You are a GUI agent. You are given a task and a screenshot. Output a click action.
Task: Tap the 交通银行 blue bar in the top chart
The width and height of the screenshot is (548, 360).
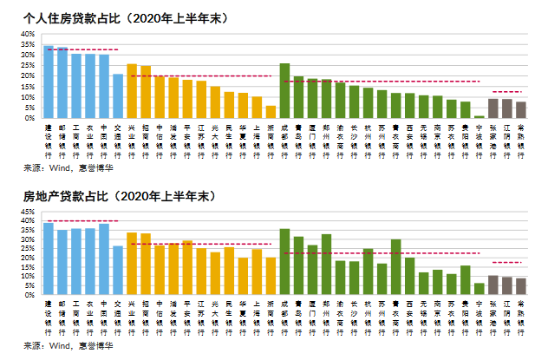(118, 96)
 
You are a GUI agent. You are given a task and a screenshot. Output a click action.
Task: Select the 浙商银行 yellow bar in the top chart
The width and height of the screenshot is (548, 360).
(271, 112)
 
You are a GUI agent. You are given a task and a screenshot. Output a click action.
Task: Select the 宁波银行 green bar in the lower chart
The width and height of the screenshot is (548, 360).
(479, 289)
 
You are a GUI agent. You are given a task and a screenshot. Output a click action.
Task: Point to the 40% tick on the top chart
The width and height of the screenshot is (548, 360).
(28, 34)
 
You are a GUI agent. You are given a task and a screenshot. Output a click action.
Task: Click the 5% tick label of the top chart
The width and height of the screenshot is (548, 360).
(29, 108)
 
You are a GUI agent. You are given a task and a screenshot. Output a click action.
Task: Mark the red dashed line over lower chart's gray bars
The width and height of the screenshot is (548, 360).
(506, 262)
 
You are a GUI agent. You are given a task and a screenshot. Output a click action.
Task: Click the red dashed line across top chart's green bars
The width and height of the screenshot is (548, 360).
(382, 82)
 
